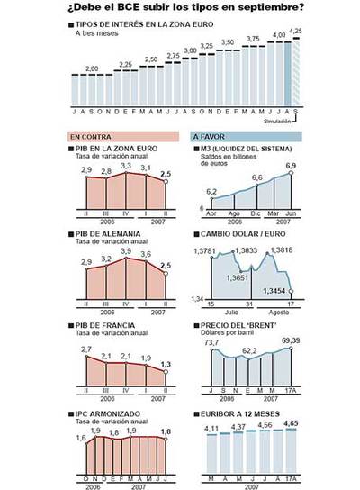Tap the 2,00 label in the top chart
coord(92,68)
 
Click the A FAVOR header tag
coord(210,136)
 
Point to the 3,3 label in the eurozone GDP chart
coord(125,166)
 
